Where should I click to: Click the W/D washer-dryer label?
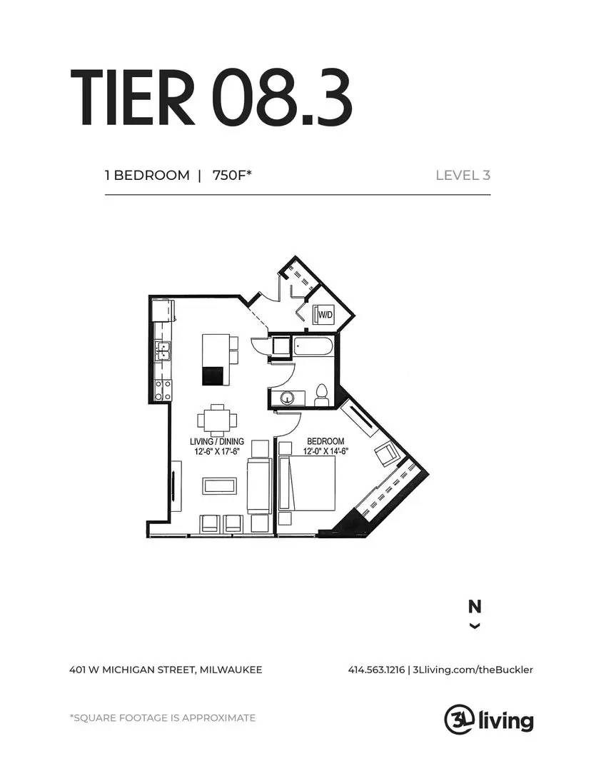(x=325, y=314)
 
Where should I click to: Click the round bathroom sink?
(x=289, y=397)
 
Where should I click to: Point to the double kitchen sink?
(x=163, y=350)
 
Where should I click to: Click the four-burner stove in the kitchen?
(x=163, y=389)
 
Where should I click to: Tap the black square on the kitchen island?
(x=213, y=376)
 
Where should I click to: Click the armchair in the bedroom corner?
(x=385, y=453)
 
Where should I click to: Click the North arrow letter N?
(x=474, y=607)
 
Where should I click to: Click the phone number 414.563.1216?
(x=376, y=670)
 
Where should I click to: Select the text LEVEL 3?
(x=463, y=175)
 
